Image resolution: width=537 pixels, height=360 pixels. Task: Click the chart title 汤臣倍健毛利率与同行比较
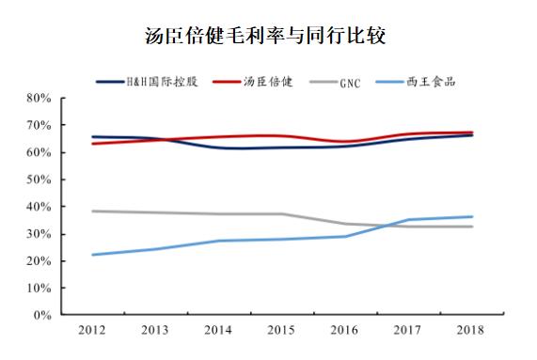tap(268, 36)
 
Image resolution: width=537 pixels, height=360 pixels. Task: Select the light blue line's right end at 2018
tap(472, 217)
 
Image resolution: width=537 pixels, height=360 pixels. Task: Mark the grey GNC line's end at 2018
tap(472, 227)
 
